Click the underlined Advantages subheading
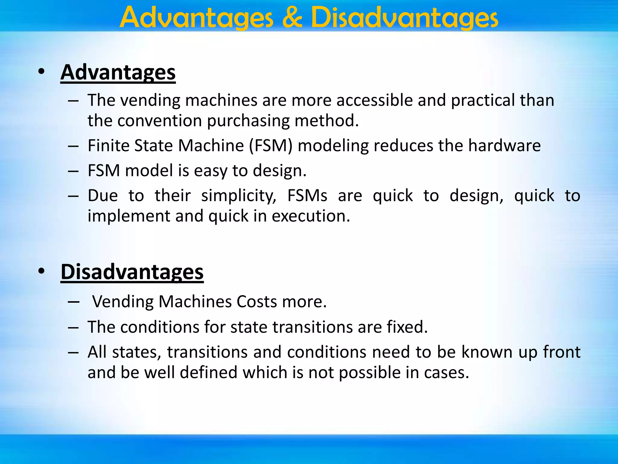pyautogui.click(x=118, y=72)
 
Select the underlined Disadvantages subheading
pyautogui.click(x=132, y=272)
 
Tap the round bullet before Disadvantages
pyautogui.click(x=41, y=271)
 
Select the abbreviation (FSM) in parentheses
pyautogui.click(x=271, y=146)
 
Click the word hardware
pyautogui.click(x=504, y=146)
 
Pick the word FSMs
pyautogui.click(x=307, y=196)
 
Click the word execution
pyautogui.click(x=311, y=216)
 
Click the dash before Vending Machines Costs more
pyautogui.click(x=73, y=302)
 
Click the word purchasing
pyautogui.click(x=248, y=121)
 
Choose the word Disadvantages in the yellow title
pyautogui.click(x=404, y=18)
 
